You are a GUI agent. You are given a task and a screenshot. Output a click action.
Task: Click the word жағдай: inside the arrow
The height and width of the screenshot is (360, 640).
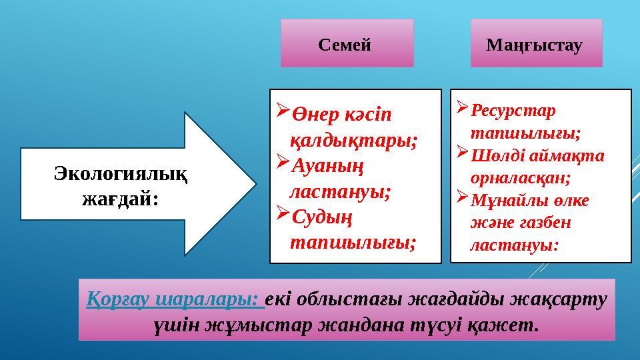pos(120,197)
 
